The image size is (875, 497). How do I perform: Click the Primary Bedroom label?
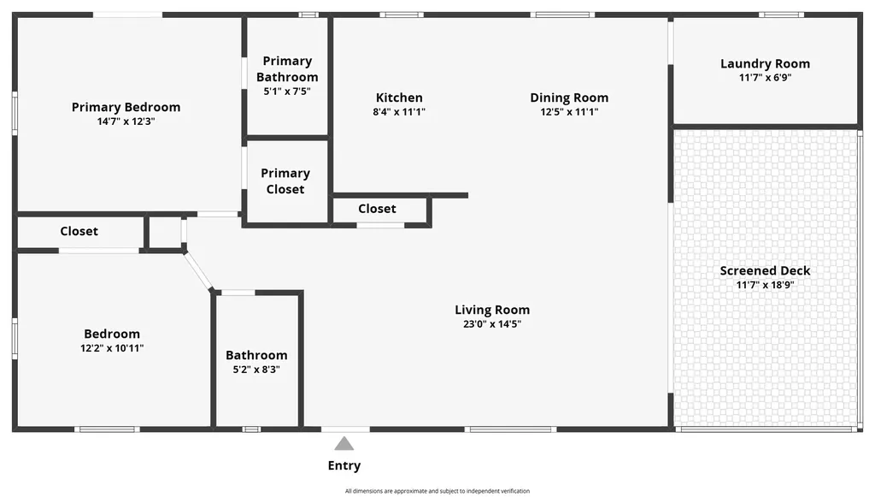tap(126, 107)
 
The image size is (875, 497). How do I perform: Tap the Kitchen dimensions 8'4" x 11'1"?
tap(399, 112)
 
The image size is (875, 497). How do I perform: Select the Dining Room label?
tap(569, 98)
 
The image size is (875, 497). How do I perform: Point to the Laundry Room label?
tap(765, 63)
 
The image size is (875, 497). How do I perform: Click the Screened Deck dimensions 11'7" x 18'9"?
tap(765, 285)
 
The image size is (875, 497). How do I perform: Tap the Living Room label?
tap(491, 310)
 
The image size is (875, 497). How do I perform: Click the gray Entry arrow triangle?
tap(344, 443)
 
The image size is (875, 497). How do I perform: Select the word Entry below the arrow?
tap(344, 466)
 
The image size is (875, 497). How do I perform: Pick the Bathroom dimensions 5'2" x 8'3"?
tap(256, 370)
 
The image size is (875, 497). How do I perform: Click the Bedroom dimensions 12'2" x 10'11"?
tap(112, 348)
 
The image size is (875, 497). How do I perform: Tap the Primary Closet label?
tap(285, 181)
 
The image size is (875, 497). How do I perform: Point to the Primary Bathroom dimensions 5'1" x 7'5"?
tap(287, 91)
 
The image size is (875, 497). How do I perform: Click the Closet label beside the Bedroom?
tap(79, 231)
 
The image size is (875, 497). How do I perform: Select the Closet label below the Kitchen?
tap(377, 209)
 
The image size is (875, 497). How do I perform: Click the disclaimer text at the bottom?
tap(437, 491)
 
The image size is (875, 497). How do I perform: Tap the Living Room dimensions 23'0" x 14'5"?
tap(491, 324)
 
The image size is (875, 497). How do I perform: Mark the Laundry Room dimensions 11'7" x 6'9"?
tap(765, 78)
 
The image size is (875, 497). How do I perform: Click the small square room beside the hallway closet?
tap(165, 232)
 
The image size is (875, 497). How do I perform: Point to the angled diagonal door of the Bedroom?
tap(198, 271)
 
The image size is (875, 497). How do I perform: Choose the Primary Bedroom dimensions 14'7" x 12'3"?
tap(126, 121)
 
